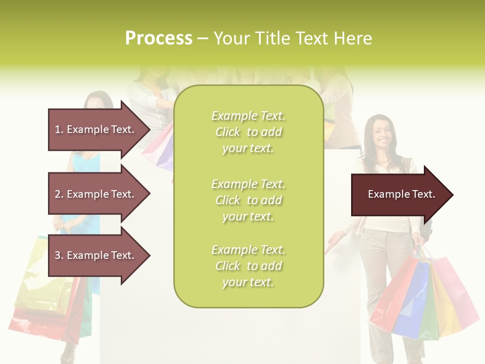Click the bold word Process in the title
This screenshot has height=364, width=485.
pyautogui.click(x=159, y=38)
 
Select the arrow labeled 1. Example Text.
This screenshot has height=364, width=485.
pyautogui.click(x=96, y=129)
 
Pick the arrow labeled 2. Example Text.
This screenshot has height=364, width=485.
pyautogui.click(x=96, y=194)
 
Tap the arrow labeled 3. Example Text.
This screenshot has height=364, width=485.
pyautogui.click(x=96, y=255)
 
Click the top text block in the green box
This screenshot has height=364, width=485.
pyautogui.click(x=248, y=132)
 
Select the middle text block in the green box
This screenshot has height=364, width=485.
pyautogui.click(x=248, y=200)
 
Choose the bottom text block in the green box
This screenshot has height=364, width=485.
pyautogui.click(x=248, y=266)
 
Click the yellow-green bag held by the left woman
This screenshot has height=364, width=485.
pyautogui.click(x=38, y=273)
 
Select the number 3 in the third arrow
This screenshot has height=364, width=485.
pyautogui.click(x=58, y=255)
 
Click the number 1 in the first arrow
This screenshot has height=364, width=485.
pyautogui.click(x=58, y=129)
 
